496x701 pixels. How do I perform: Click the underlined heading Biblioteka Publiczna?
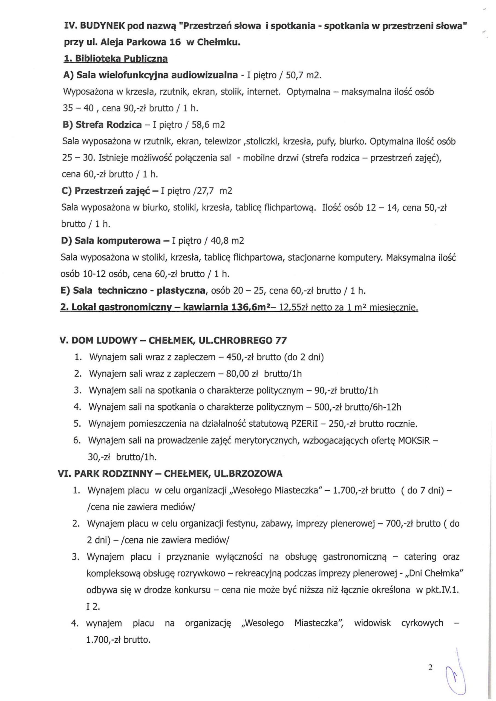point(116,58)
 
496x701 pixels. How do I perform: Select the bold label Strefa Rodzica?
point(108,125)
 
